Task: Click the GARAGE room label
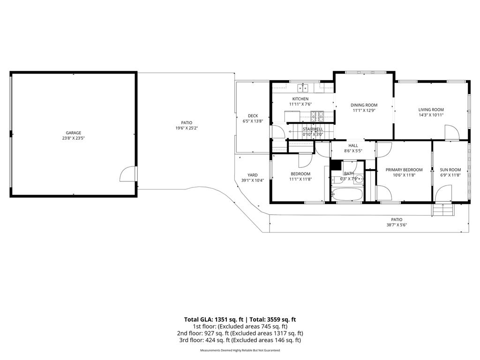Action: click(x=74, y=133)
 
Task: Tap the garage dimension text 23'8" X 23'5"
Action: click(x=74, y=138)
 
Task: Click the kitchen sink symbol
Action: click(x=303, y=88)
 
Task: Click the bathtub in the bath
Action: click(x=347, y=194)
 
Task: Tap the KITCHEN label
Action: click(x=300, y=99)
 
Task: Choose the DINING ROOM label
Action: click(x=364, y=105)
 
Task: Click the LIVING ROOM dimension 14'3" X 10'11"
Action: click(x=431, y=115)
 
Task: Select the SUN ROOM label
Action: click(x=450, y=170)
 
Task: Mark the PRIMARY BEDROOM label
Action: click(x=404, y=170)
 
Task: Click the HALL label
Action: click(x=353, y=146)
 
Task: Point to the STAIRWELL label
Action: click(x=313, y=129)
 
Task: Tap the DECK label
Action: click(x=253, y=116)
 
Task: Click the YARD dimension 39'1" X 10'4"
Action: click(x=253, y=180)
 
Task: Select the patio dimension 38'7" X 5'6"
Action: click(x=397, y=225)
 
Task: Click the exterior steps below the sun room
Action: click(x=443, y=210)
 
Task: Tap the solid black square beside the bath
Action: click(x=336, y=165)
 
